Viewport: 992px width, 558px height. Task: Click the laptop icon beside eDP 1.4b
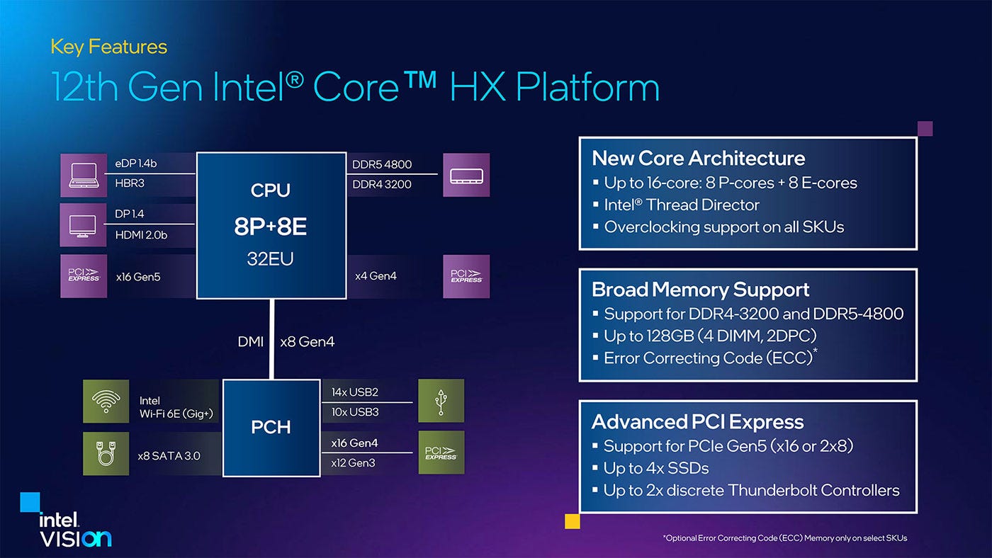pos(84,174)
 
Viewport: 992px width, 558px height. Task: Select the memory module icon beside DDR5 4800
pos(466,174)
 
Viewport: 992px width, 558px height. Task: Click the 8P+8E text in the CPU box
pos(271,227)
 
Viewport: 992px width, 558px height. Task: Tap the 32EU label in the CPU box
pos(271,259)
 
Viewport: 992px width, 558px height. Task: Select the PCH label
pos(271,427)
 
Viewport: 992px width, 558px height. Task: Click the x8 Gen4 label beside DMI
pos(307,342)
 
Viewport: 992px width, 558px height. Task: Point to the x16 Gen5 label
pos(138,277)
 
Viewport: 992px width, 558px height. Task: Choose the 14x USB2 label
pos(354,392)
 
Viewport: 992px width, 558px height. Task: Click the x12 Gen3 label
pos(353,462)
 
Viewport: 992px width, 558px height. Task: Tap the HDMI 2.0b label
pos(141,234)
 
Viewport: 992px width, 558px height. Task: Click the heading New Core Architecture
pos(698,158)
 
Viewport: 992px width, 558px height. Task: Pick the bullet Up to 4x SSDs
pos(656,468)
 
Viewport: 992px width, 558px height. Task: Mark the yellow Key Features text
pos(108,47)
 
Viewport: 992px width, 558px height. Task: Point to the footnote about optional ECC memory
pos(784,538)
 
